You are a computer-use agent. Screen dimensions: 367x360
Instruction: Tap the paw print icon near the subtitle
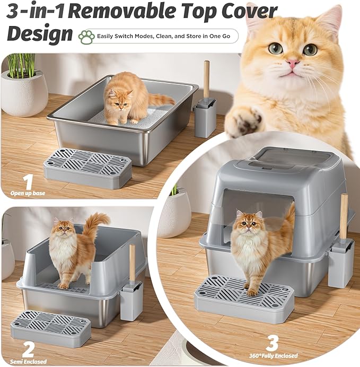pyautogui.click(x=86, y=36)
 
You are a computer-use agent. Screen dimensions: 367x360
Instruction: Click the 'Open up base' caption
pyautogui.click(x=28, y=193)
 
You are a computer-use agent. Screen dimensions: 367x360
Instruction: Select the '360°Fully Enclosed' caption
pyautogui.click(x=274, y=355)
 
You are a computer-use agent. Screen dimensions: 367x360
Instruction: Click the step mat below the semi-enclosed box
pyautogui.click(x=50, y=326)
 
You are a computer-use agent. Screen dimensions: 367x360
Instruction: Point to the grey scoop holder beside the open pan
pyautogui.click(x=205, y=117)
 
